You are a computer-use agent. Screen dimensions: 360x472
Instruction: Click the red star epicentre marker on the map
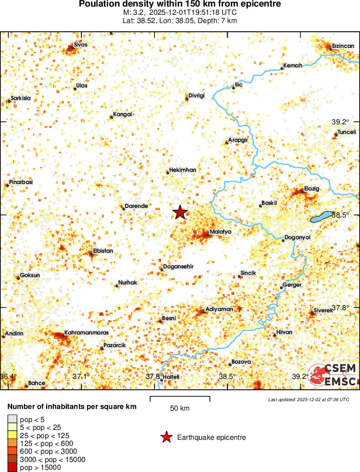point(180,212)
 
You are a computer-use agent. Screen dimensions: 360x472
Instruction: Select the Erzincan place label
point(343,46)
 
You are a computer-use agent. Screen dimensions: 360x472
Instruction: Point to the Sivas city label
point(80,44)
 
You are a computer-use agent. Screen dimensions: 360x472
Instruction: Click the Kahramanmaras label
point(86,333)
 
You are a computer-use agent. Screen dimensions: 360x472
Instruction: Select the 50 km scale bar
point(180,399)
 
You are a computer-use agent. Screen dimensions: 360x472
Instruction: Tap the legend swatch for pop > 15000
point(12,468)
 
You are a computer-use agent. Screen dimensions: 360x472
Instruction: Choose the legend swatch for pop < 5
point(12,419)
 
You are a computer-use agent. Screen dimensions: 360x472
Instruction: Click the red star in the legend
point(166,438)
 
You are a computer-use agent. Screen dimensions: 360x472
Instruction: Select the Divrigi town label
point(196,96)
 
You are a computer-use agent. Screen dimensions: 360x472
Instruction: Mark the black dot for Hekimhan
point(168,173)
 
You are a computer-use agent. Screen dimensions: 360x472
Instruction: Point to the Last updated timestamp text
point(308,399)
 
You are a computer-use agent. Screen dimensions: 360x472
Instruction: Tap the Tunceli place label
point(347,132)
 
